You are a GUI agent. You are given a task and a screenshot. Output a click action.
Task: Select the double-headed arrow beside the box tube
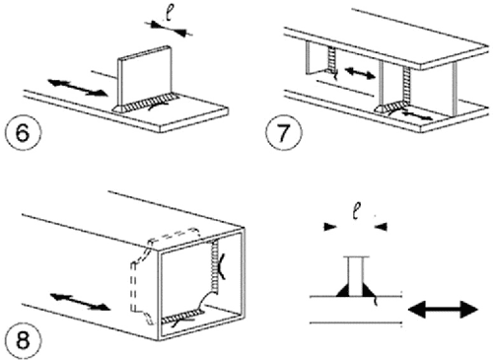[72, 297]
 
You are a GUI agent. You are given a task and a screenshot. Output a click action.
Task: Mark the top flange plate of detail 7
[394, 35]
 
